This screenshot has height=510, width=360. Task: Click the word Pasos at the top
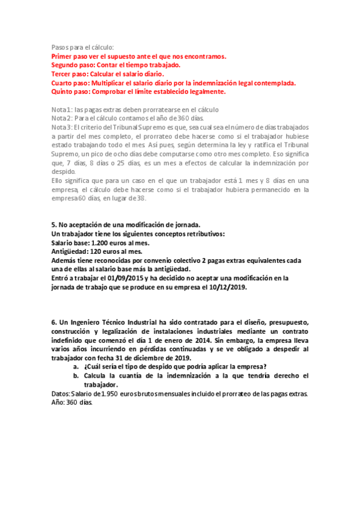point(62,48)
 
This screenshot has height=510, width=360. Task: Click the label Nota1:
point(61,110)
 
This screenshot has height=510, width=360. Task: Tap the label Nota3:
point(62,127)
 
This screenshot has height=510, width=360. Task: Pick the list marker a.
point(75,367)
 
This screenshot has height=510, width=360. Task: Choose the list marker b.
point(75,376)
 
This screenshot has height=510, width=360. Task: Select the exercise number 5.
point(53,224)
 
